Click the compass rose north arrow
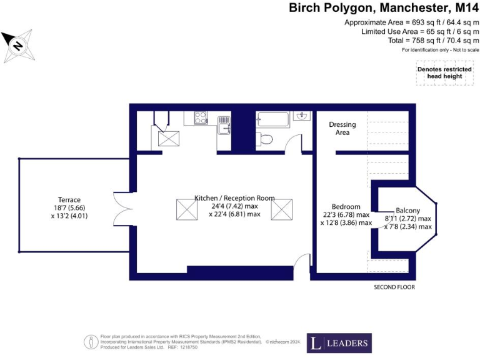point(18,46)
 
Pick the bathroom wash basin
point(302,116)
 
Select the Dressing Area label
point(342,128)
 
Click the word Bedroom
point(346,207)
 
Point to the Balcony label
point(407,211)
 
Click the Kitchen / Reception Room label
point(234,198)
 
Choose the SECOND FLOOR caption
point(394,287)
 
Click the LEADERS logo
point(339,343)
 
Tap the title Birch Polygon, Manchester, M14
point(384,8)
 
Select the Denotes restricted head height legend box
point(444,72)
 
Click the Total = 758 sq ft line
point(434,40)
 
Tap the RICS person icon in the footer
point(91,342)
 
